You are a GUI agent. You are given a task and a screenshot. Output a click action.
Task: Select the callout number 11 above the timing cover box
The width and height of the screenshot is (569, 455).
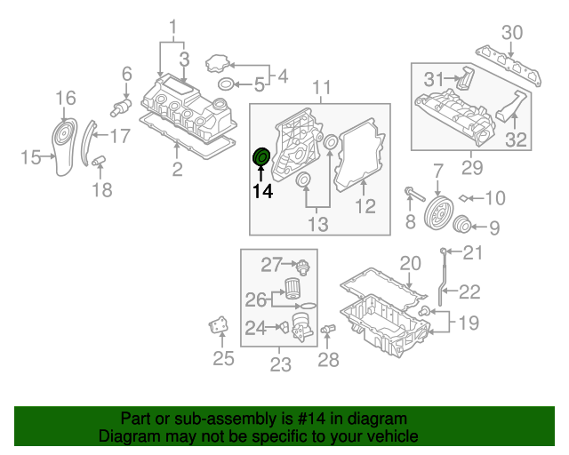[321, 87]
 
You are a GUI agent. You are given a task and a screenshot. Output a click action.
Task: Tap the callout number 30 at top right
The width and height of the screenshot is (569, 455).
[512, 33]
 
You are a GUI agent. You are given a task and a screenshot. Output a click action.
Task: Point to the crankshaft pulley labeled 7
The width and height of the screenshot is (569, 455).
[437, 213]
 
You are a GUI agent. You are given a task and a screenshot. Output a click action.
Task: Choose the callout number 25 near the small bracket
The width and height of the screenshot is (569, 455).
[223, 359]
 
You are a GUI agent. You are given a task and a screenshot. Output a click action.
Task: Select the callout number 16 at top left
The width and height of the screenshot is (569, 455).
[67, 98]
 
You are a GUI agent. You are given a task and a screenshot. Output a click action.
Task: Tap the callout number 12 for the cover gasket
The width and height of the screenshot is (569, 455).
[365, 207]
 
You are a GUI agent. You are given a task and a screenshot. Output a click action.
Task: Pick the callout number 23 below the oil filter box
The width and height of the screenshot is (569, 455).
[280, 363]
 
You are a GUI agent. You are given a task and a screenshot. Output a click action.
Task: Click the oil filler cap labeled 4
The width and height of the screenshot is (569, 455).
[218, 64]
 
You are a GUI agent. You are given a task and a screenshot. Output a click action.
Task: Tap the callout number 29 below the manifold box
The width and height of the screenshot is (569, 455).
[470, 164]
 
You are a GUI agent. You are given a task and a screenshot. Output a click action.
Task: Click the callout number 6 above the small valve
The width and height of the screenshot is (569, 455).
[126, 74]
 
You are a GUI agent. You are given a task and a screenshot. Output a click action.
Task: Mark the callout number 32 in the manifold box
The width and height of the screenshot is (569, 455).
[516, 139]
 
